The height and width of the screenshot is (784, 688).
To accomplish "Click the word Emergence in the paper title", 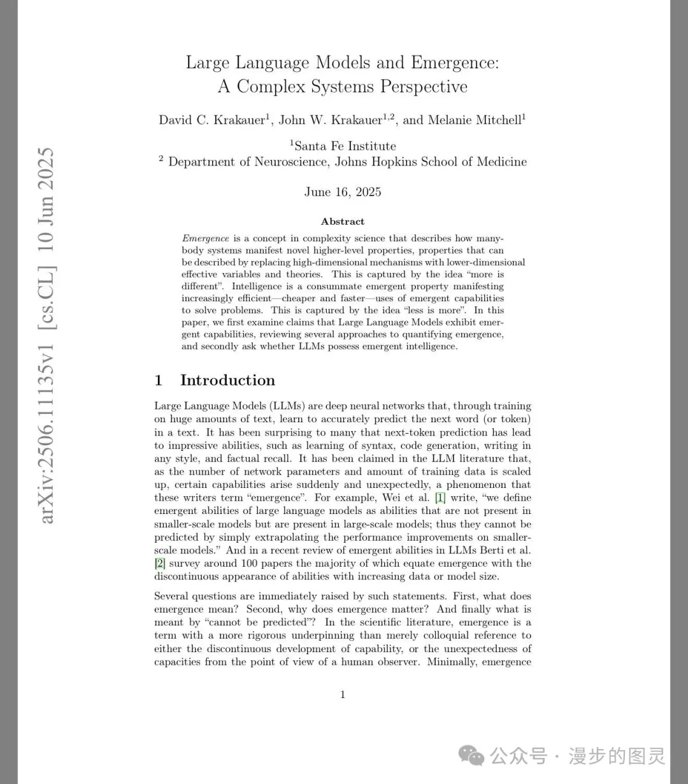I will pyautogui.click(x=454, y=62).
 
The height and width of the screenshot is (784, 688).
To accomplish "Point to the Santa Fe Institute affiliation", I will pyautogui.click(x=345, y=146).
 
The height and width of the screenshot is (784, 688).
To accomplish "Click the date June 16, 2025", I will pyautogui.click(x=343, y=192).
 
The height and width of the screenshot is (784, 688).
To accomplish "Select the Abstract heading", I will pyautogui.click(x=343, y=222).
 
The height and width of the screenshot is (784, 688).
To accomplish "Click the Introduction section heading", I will pyautogui.click(x=227, y=380).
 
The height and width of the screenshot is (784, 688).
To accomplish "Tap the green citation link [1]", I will pyautogui.click(x=440, y=497).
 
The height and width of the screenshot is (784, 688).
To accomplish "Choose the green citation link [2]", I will pyautogui.click(x=160, y=563).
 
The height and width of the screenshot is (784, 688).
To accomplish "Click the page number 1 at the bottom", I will pyautogui.click(x=343, y=694).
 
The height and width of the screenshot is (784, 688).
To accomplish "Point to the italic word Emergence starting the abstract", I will pyautogui.click(x=205, y=238).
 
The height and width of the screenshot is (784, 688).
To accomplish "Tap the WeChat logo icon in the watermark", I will pyautogui.click(x=472, y=756).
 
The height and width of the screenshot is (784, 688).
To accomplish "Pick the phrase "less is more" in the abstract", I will pyautogui.click(x=438, y=310).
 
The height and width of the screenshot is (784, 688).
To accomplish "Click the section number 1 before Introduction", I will pyautogui.click(x=159, y=380).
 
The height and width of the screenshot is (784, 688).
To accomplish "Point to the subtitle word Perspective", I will pyautogui.click(x=424, y=87).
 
